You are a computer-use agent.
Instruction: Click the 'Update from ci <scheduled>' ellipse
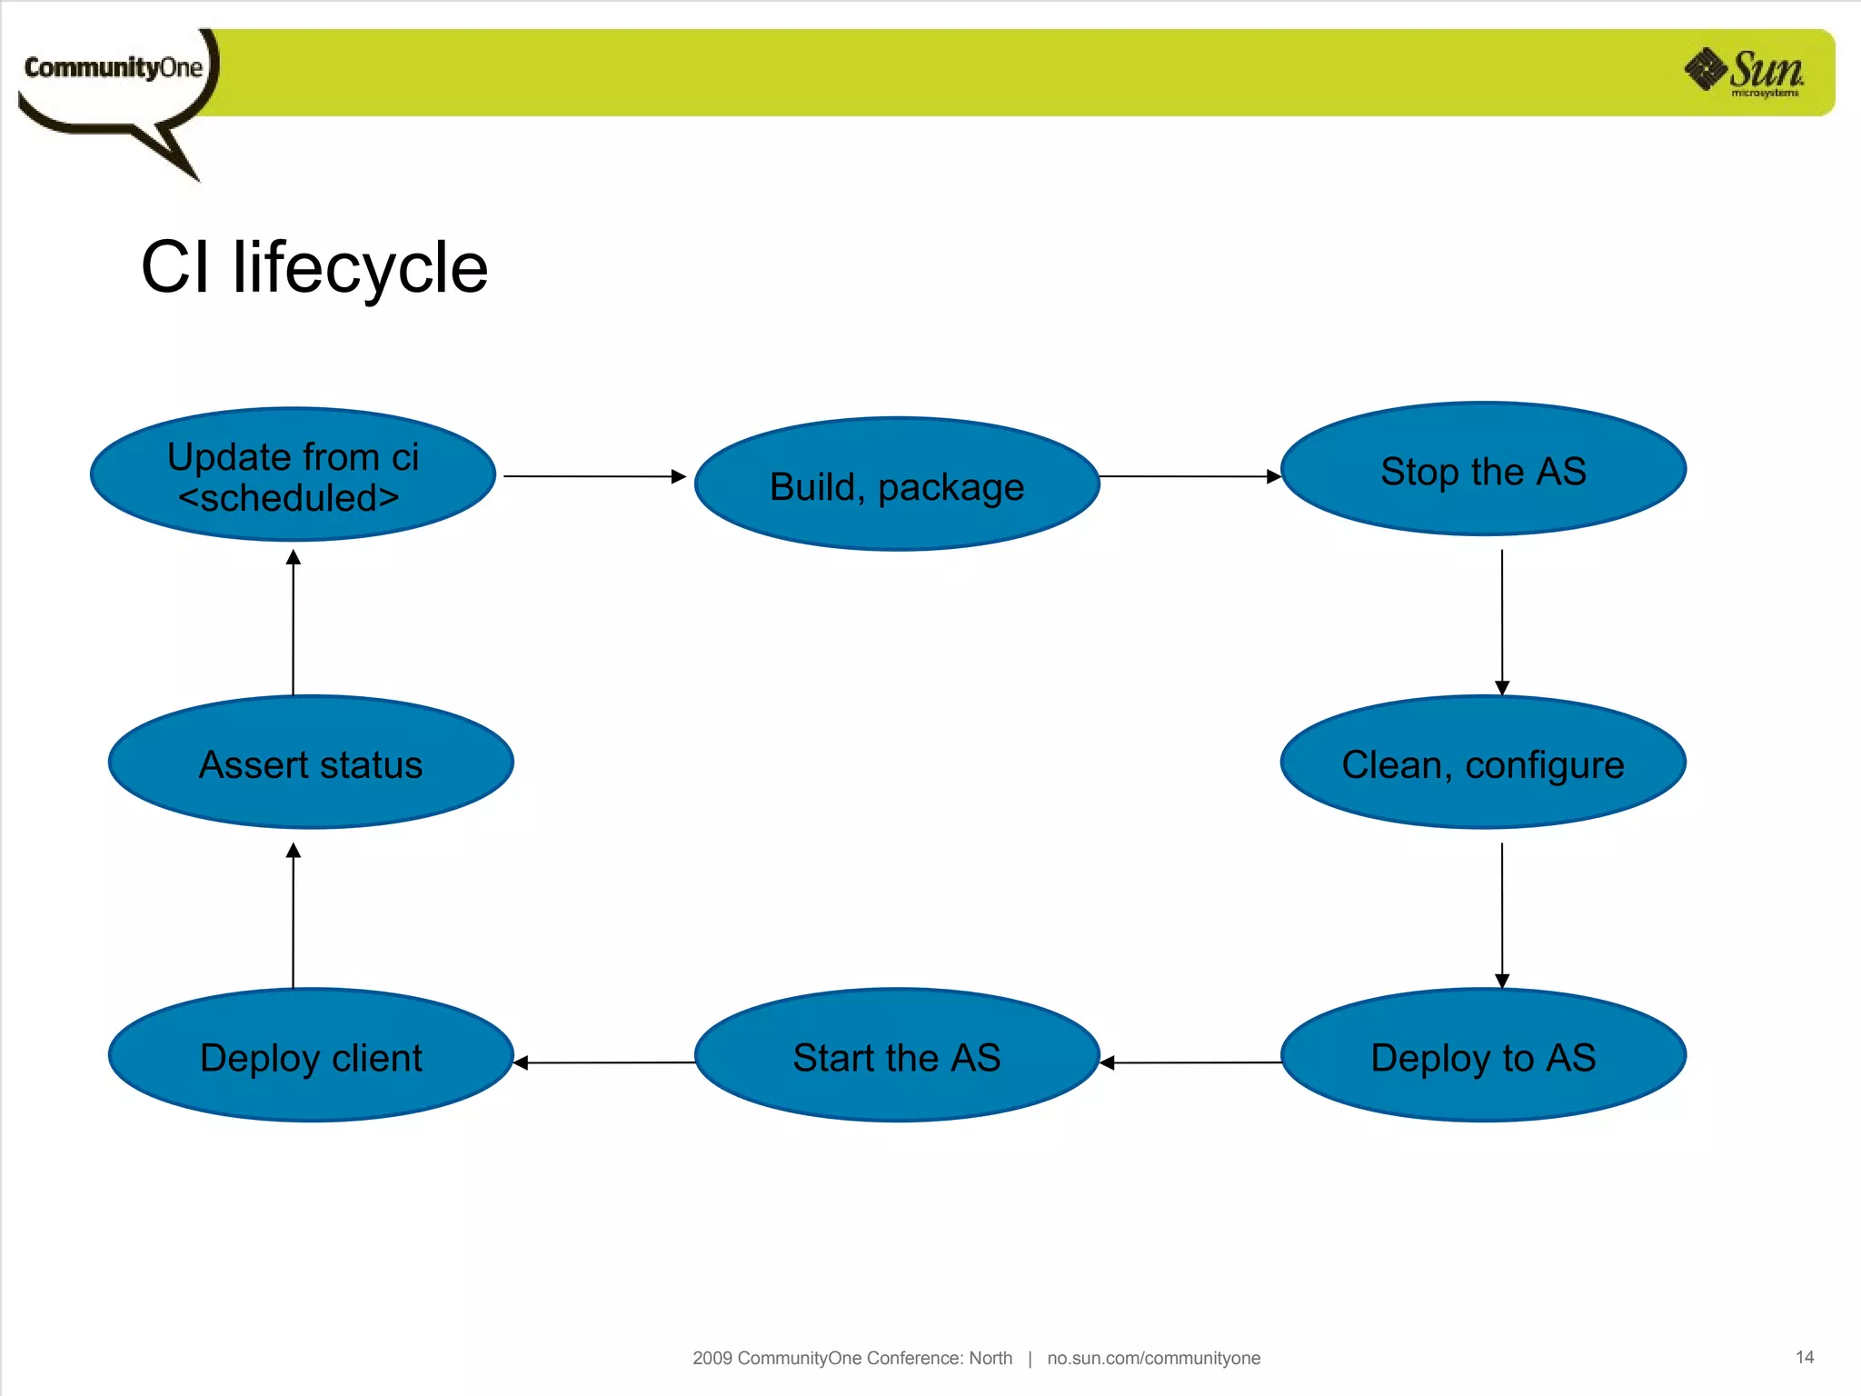[293, 474]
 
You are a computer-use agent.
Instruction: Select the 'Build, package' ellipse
[897, 484]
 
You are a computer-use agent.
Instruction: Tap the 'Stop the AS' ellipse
[1483, 469]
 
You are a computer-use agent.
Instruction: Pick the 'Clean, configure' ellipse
[1483, 763]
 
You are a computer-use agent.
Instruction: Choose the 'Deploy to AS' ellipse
[1483, 1055]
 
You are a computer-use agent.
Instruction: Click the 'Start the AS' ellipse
[897, 1055]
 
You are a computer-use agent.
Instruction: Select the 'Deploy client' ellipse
[311, 1055]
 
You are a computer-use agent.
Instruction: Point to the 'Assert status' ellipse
[311, 763]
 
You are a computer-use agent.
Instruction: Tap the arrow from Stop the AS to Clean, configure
[1502, 623]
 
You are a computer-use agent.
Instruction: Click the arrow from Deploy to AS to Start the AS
[1190, 1062]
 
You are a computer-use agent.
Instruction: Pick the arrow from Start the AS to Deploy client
[604, 1062]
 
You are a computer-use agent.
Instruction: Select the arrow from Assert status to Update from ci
[293, 623]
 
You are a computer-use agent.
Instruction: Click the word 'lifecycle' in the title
[360, 268]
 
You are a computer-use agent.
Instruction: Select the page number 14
[1805, 1357]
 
